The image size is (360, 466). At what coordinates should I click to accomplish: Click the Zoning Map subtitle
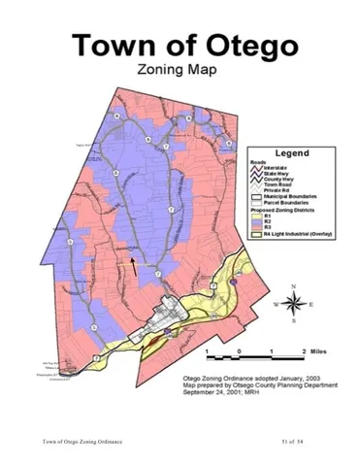click(180, 70)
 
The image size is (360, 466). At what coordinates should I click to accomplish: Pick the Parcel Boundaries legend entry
click(285, 203)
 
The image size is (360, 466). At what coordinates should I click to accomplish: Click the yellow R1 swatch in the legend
click(249, 216)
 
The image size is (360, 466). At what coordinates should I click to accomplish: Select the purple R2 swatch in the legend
click(249, 221)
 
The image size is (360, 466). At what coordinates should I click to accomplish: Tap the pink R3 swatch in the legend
click(249, 228)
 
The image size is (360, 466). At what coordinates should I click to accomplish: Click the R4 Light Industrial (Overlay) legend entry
click(291, 235)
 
